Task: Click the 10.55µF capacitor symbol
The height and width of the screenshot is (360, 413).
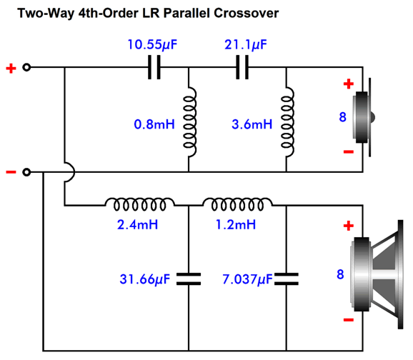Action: pyautogui.click(x=154, y=67)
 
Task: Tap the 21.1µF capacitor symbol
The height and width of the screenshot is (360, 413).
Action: pyautogui.click(x=242, y=67)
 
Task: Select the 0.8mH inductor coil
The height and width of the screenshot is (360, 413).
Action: pyautogui.click(x=190, y=122)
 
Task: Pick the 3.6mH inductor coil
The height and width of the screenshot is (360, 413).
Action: pyautogui.click(x=288, y=122)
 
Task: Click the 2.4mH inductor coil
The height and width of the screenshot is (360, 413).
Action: pyautogui.click(x=140, y=204)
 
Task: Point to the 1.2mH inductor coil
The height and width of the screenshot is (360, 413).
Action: pyautogui.click(x=237, y=204)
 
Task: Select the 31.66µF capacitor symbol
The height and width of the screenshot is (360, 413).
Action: pyautogui.click(x=189, y=279)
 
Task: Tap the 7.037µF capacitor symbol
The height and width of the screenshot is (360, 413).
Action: pyautogui.click(x=287, y=279)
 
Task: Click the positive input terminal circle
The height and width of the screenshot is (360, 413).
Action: pyautogui.click(x=26, y=67)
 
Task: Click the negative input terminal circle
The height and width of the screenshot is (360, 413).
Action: pyautogui.click(x=26, y=172)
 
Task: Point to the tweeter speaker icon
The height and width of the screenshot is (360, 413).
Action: pyautogui.click(x=364, y=117)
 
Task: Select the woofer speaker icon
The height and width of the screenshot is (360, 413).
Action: pyautogui.click(x=377, y=274)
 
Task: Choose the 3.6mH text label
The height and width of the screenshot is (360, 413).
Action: pyautogui.click(x=252, y=124)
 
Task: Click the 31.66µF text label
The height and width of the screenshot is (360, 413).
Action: pyautogui.click(x=145, y=279)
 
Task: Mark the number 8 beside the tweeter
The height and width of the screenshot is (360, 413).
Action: pyautogui.click(x=342, y=117)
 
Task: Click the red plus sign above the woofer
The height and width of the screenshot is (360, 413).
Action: pyautogui.click(x=349, y=226)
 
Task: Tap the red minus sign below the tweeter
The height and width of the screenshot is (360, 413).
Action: pyautogui.click(x=349, y=151)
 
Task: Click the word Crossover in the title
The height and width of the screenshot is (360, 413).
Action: pyautogui.click(x=246, y=13)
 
